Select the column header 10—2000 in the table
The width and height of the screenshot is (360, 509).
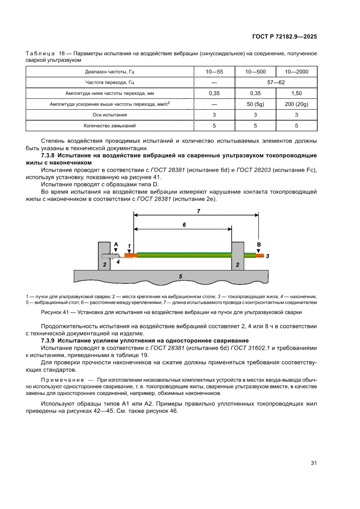pos(296,71)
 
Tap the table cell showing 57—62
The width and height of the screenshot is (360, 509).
pos(276,82)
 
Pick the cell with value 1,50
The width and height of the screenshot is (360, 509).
pos(296,93)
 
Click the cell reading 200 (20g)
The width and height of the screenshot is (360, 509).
pos(296,104)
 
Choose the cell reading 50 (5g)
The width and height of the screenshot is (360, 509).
pos(255,104)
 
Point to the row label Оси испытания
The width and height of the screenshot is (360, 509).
pos(109,115)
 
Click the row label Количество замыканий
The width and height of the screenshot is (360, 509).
pos(109,126)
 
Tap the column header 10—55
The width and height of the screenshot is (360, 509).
pos(214,71)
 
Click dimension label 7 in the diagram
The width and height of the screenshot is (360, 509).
pos(198,211)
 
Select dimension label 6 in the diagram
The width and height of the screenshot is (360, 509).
pos(184,225)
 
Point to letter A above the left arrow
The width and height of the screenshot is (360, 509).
pos(116,245)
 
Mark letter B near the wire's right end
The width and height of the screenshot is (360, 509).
pos(259,245)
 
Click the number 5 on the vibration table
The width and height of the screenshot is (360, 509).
pos(180,276)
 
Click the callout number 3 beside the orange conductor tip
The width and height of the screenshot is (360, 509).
pos(267,256)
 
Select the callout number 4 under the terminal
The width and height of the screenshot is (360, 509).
pos(118,262)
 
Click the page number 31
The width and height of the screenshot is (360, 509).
pos(313,463)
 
